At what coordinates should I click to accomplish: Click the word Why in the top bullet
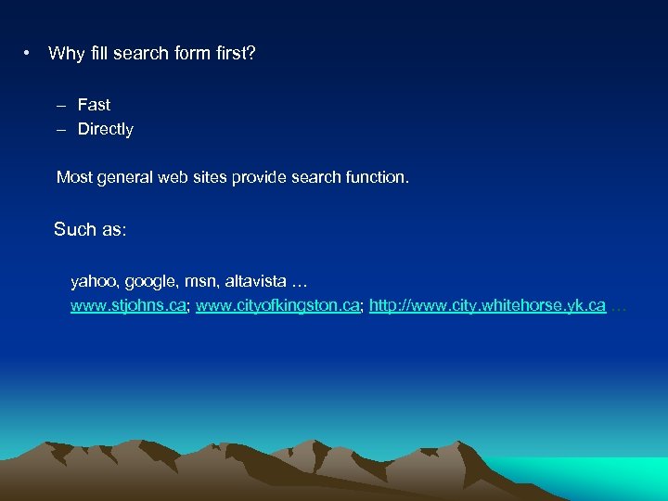[x=66, y=54]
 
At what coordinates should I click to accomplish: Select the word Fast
[x=94, y=105]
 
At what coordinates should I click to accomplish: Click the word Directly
[x=106, y=129]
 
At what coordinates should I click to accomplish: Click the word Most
[x=74, y=176]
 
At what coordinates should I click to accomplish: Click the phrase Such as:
[x=90, y=229]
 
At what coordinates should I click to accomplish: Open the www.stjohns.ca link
[x=129, y=304]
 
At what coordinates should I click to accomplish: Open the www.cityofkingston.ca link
[x=277, y=304]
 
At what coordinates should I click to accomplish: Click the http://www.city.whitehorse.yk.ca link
[x=487, y=304]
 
